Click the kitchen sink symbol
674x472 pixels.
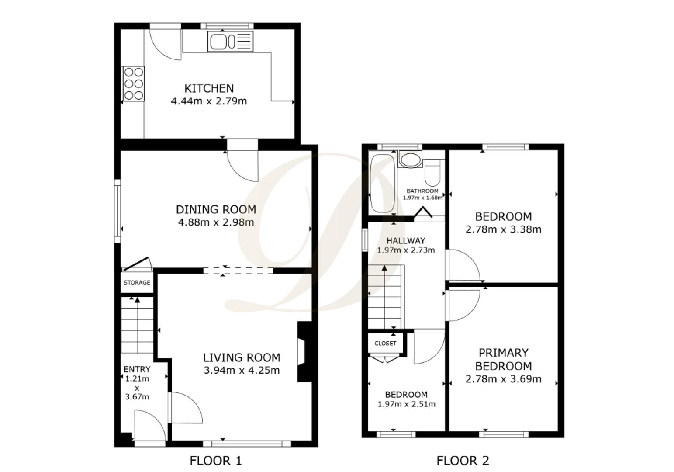pos(230,42)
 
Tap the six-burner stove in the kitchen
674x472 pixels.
pos(133,83)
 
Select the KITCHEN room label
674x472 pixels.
pos(209,88)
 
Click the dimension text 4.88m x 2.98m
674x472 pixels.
pos(216,222)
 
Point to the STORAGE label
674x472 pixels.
pos(137,283)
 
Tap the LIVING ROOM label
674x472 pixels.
pos(242,358)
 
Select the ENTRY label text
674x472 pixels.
pos(137,369)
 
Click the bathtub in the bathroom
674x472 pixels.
pos(381,183)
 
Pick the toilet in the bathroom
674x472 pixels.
pos(433,173)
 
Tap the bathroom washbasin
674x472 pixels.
pos(410,160)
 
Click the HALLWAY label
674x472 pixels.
pos(406,241)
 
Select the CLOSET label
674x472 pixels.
pos(385,344)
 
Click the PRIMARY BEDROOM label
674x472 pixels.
pos(503,359)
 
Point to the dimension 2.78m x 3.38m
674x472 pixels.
pos(503,229)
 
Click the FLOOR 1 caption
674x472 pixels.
pos(216,461)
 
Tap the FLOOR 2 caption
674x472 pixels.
pos(463,461)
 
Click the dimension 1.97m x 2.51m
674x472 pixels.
pos(406,404)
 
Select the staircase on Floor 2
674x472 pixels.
pos(384,297)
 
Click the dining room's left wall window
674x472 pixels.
pos(117,211)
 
